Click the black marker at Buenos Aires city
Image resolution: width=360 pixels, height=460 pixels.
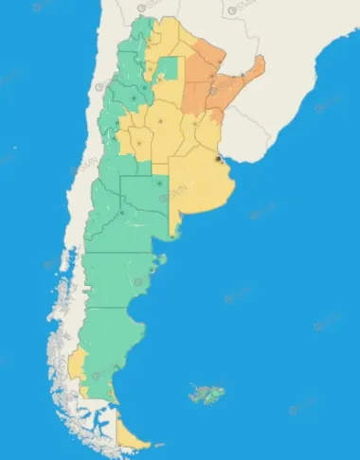(x=219, y=159)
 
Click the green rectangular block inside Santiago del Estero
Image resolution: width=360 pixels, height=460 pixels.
(x=168, y=69)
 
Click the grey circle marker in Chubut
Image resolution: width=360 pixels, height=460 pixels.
(x=138, y=281)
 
